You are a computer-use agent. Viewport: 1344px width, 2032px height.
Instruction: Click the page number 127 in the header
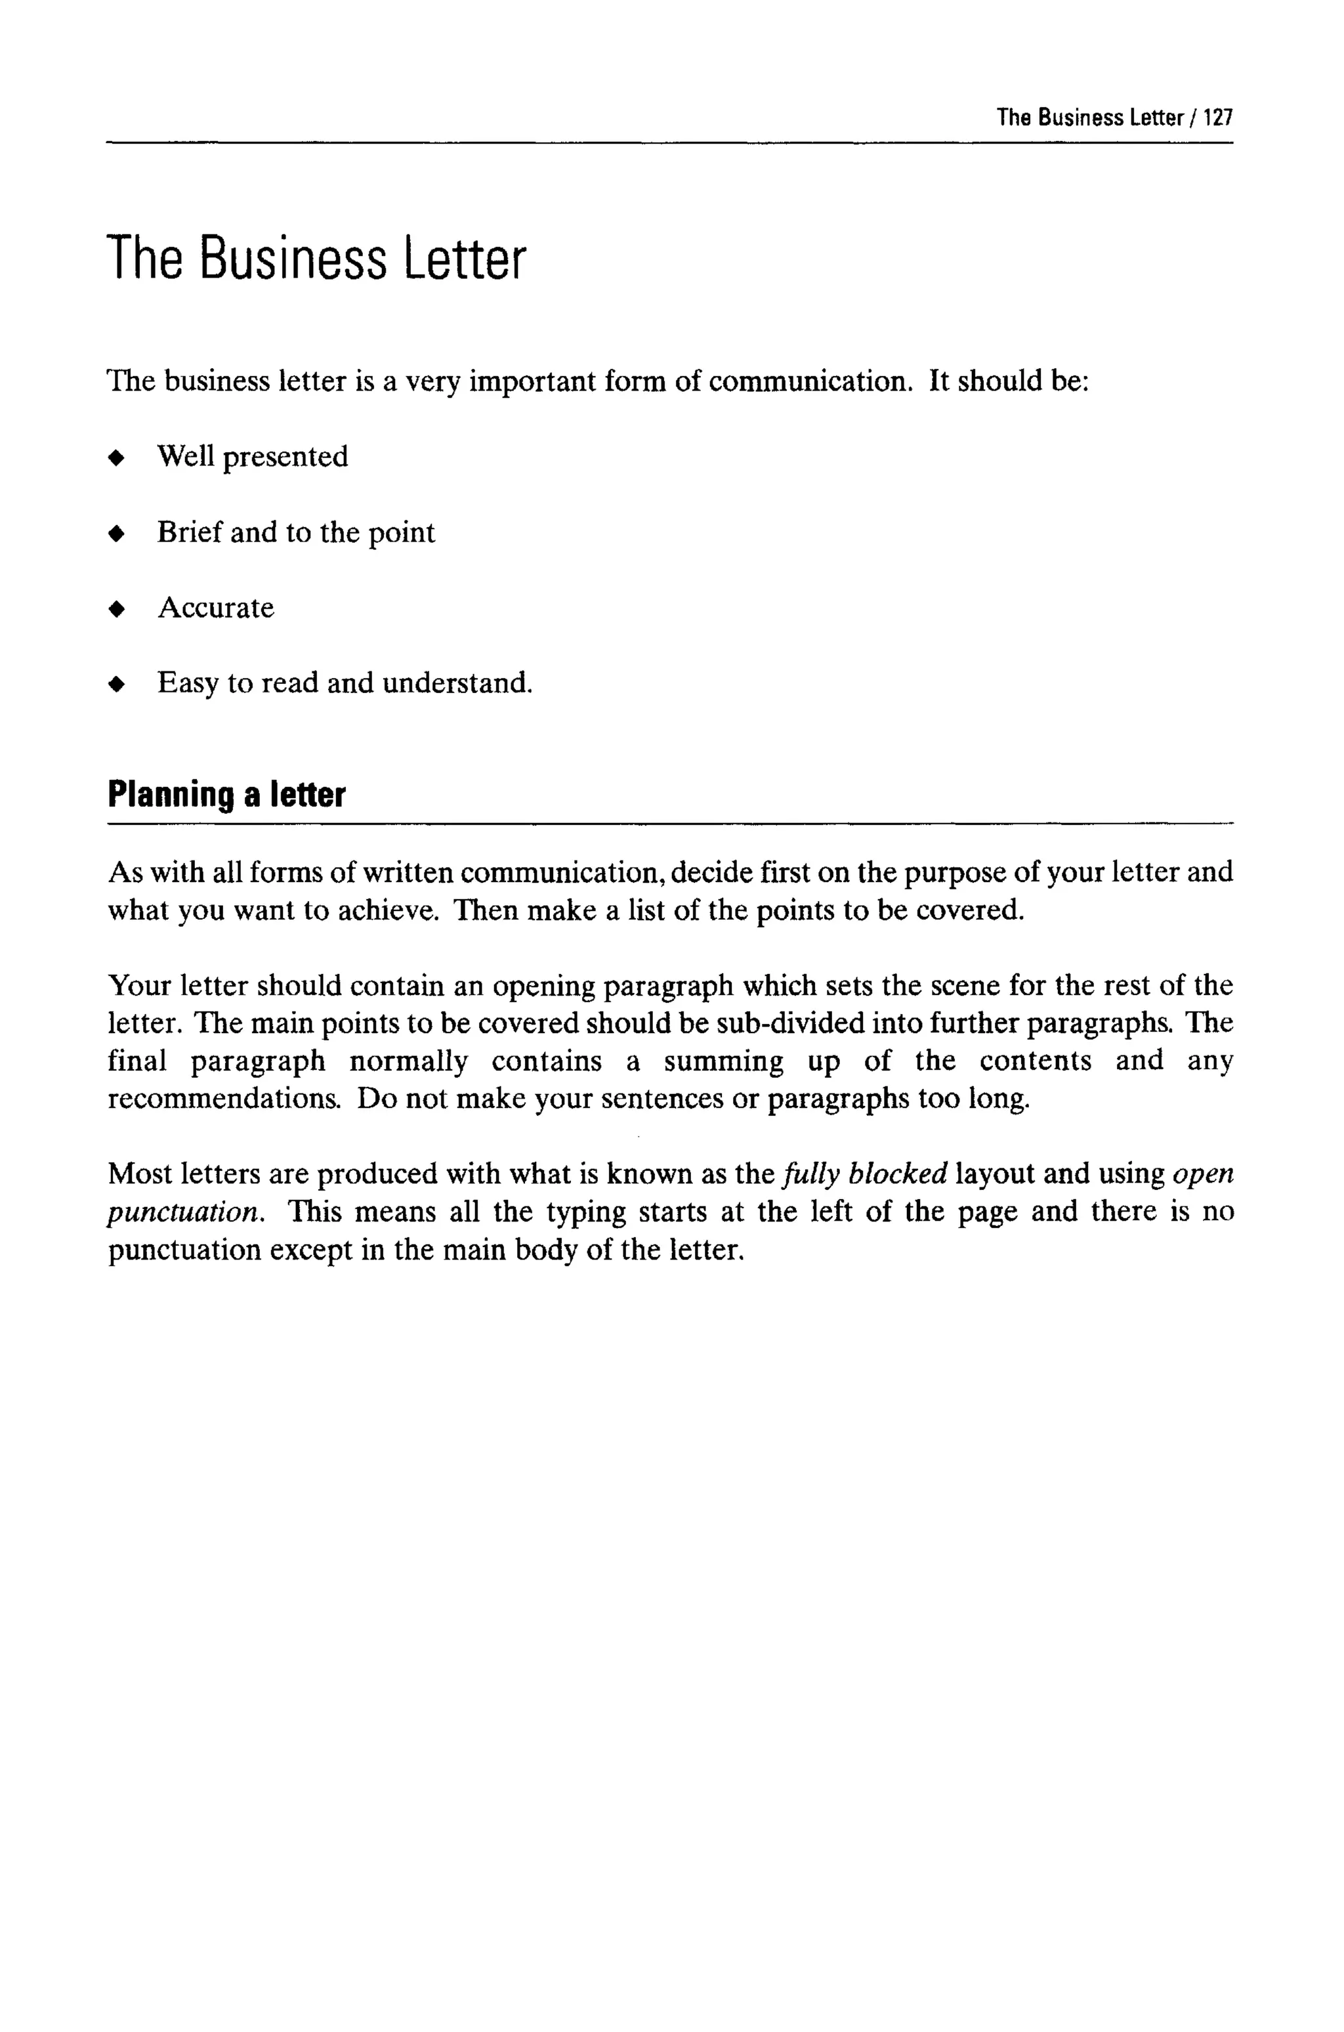pyautogui.click(x=1217, y=117)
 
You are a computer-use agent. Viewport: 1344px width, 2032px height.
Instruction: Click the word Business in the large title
pyautogui.click(x=293, y=259)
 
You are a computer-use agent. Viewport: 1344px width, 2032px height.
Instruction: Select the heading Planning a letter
pyautogui.click(x=226, y=794)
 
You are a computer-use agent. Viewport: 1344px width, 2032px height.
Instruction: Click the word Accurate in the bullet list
pyautogui.click(x=216, y=608)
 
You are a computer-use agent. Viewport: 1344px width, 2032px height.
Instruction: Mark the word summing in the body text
pyautogui.click(x=723, y=1062)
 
